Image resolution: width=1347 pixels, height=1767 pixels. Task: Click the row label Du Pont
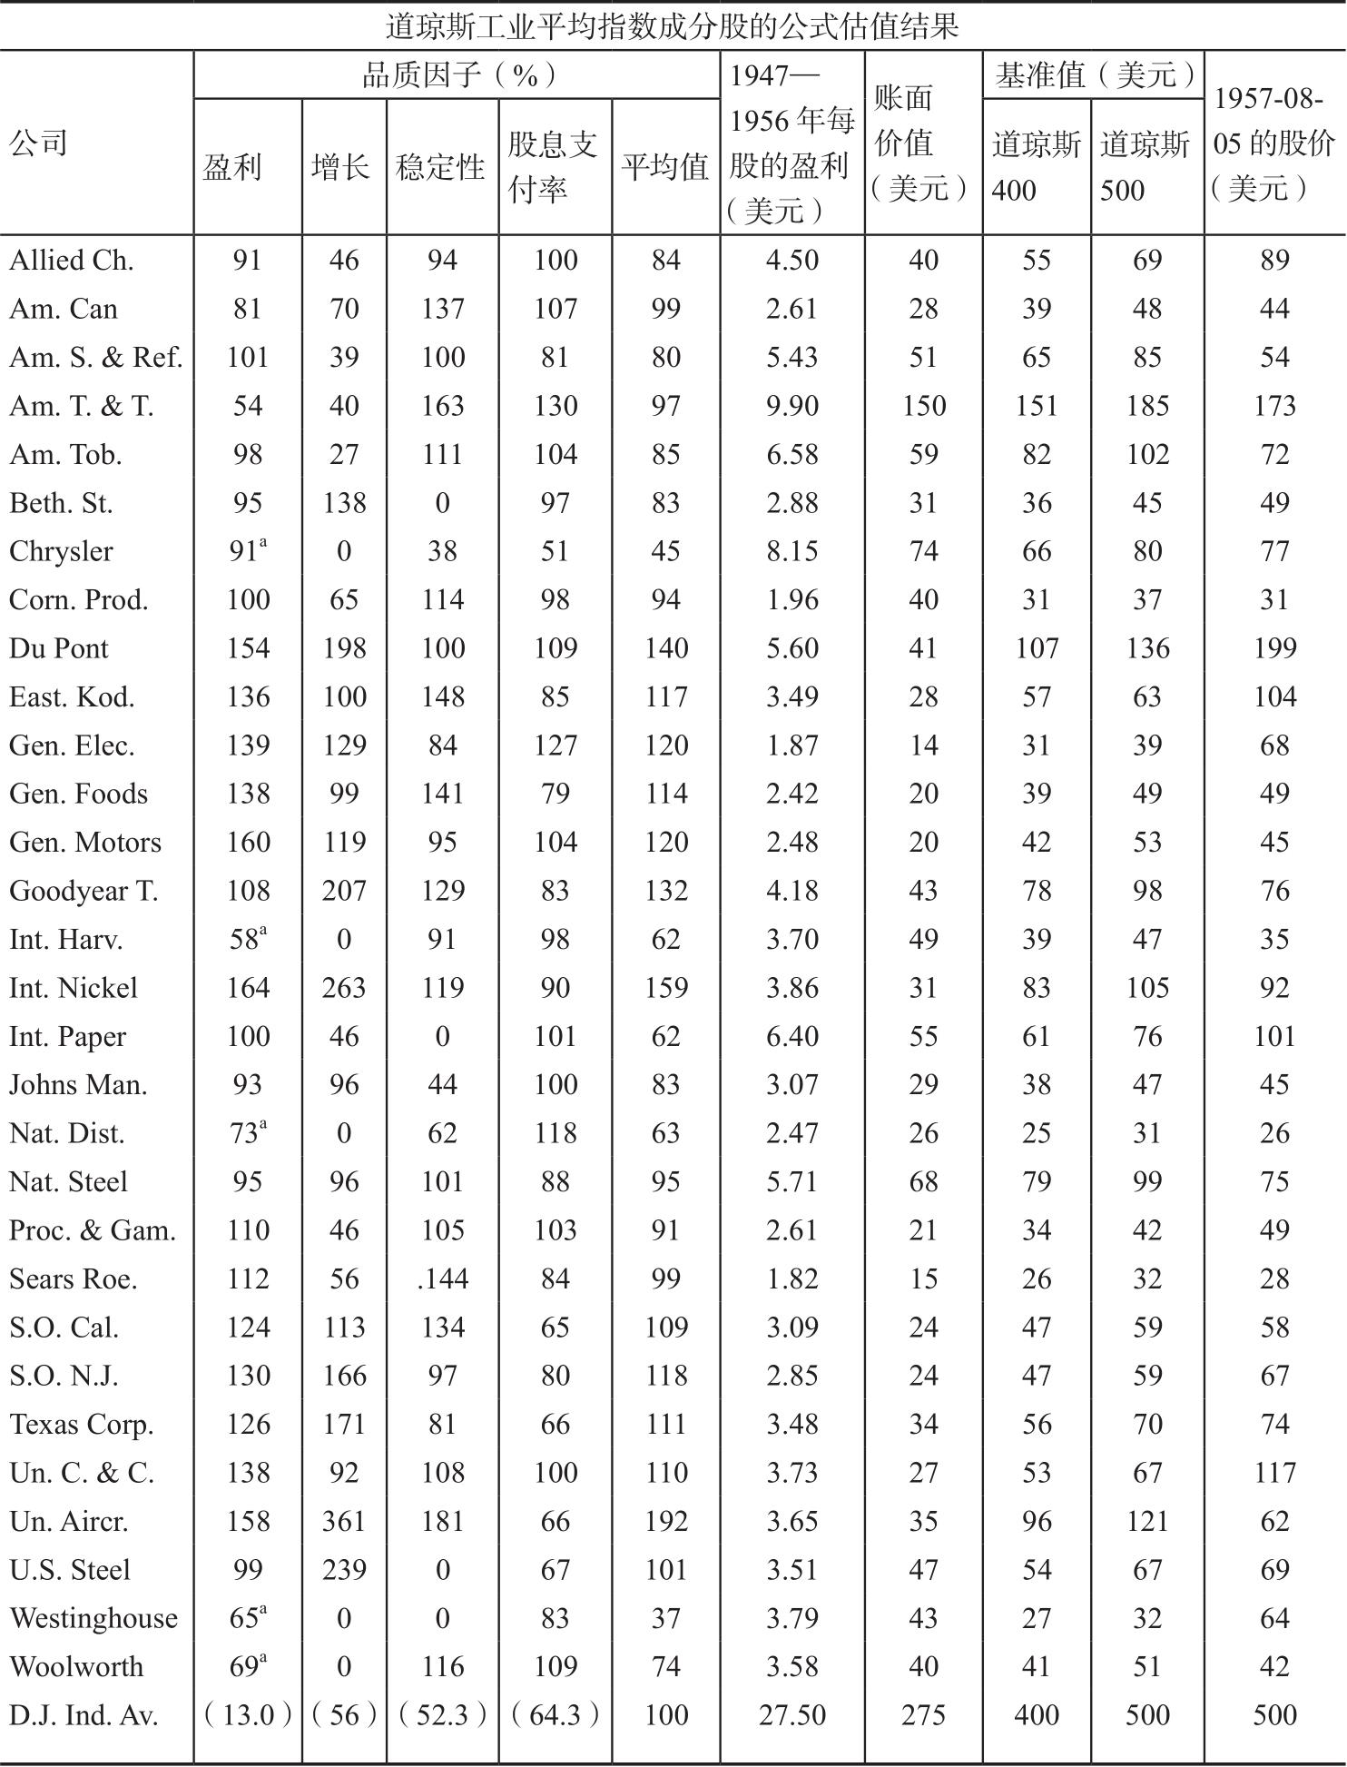(x=59, y=648)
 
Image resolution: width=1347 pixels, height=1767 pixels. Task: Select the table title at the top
(x=673, y=25)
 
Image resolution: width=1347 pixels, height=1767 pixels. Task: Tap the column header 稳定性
(x=441, y=167)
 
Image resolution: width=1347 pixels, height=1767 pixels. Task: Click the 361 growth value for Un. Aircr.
(x=344, y=1521)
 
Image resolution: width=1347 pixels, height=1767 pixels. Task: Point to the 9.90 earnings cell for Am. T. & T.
(x=791, y=406)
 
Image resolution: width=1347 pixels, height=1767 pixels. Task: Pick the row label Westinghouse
(x=93, y=1618)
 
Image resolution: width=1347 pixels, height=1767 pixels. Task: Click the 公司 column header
(x=38, y=143)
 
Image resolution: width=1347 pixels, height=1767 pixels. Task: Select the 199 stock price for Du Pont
(x=1274, y=648)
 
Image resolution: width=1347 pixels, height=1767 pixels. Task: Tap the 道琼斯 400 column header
(x=1036, y=167)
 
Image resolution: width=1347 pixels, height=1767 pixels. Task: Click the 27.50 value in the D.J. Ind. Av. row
(x=791, y=1715)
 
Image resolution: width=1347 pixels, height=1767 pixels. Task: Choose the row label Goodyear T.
(x=84, y=891)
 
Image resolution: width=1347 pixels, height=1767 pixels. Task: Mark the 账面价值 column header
(x=922, y=143)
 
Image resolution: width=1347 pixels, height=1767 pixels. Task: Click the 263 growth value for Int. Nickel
(x=344, y=988)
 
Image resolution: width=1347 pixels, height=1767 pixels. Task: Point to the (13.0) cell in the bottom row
(x=247, y=1715)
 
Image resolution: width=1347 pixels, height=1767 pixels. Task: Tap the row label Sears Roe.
(x=74, y=1278)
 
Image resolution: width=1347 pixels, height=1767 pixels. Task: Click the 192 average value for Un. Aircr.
(x=665, y=1521)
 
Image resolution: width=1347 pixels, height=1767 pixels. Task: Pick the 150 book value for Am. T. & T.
(x=923, y=406)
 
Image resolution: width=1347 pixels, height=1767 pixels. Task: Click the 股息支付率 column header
(x=553, y=167)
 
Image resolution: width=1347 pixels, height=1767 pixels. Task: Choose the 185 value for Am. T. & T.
(x=1147, y=406)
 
